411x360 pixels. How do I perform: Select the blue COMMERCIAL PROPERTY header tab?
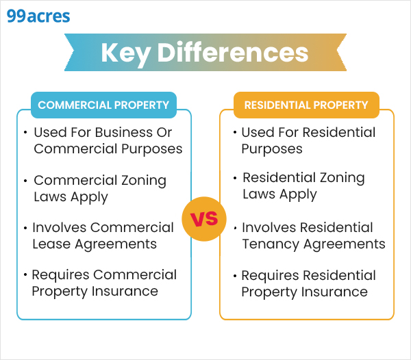click(x=103, y=105)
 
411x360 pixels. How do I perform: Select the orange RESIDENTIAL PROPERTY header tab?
click(x=306, y=105)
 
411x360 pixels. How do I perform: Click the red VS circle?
click(x=203, y=219)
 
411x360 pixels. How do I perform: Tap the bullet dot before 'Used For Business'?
click(x=25, y=132)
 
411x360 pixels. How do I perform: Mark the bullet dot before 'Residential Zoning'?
click(x=235, y=178)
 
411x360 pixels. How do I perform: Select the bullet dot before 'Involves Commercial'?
click(x=25, y=227)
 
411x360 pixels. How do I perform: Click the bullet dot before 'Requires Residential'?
click(x=235, y=276)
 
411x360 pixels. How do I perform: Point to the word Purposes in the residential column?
click(x=272, y=149)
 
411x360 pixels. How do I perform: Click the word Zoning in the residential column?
click(x=340, y=178)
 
